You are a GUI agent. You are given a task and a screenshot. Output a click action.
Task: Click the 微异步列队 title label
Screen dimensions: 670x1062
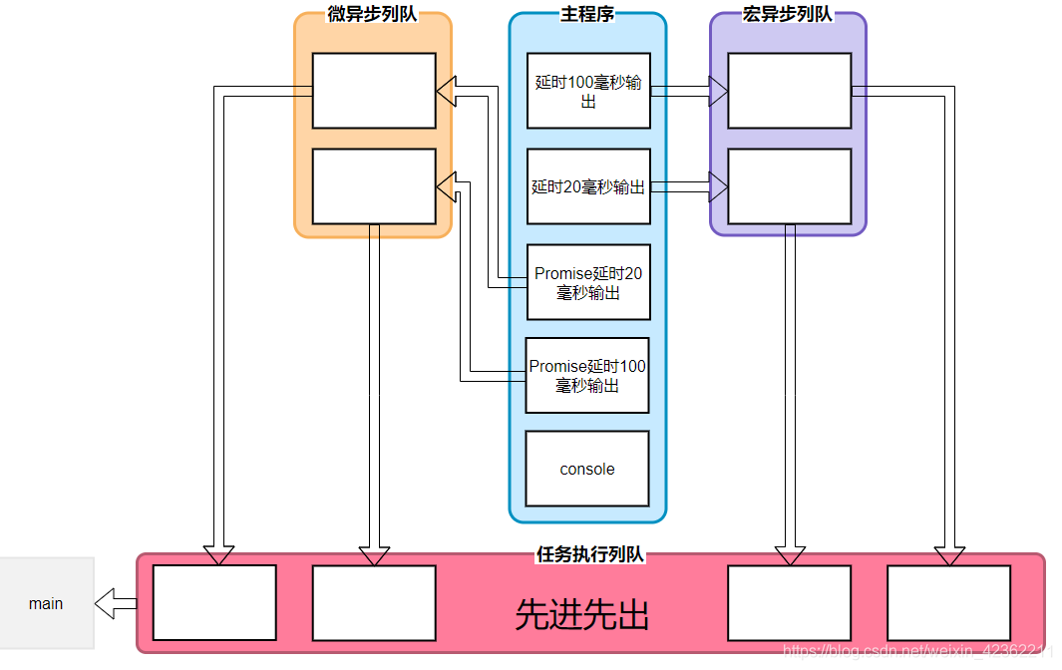[x=372, y=15]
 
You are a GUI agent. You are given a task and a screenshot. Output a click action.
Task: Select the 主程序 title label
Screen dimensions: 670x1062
[x=587, y=15]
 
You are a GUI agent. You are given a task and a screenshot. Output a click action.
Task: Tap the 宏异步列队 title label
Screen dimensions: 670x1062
[x=788, y=15]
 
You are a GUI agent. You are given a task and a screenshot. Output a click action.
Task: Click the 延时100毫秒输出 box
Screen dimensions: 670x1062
[x=588, y=91]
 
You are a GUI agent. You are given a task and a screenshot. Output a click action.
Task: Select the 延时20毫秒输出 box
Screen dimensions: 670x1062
[x=588, y=186]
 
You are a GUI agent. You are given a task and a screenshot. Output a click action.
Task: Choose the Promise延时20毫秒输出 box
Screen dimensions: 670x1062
[x=588, y=282]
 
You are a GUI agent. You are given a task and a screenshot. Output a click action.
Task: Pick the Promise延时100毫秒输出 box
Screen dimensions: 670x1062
[x=587, y=376]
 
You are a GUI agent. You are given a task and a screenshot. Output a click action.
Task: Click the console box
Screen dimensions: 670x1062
[x=587, y=469]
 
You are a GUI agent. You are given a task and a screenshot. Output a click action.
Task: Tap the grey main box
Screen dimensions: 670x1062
[x=46, y=603]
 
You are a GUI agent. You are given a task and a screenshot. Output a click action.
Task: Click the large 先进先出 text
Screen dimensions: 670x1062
[x=582, y=615]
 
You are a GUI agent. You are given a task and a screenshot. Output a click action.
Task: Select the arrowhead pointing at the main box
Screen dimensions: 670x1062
[x=109, y=603]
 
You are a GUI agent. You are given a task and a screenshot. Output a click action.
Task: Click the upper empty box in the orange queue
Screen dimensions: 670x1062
[x=374, y=91]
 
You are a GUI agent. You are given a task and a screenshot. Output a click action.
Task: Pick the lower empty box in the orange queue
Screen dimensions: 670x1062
[x=374, y=186]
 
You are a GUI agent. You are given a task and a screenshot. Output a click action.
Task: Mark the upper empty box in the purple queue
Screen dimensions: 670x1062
[x=789, y=91]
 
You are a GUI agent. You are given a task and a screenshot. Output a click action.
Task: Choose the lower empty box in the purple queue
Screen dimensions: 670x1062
[x=789, y=186]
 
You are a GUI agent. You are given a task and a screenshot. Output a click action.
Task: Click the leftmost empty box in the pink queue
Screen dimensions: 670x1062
[x=214, y=603]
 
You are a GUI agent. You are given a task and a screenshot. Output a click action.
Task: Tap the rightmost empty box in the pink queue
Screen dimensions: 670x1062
[x=948, y=603]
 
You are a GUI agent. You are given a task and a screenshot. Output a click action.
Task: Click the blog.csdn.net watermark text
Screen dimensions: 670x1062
[x=917, y=652]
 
